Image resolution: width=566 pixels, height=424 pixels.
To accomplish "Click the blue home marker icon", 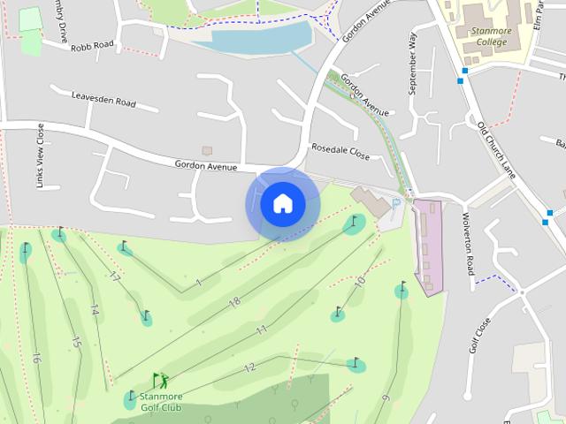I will (282, 204).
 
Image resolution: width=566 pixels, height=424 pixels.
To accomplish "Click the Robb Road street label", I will (93, 45).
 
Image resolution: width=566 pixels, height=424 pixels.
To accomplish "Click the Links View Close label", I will (41, 156).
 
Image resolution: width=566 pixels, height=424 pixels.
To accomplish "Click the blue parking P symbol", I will (395, 204).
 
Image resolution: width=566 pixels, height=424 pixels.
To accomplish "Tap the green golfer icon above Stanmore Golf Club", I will (160, 381).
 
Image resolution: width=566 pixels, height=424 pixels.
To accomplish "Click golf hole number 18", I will (234, 302).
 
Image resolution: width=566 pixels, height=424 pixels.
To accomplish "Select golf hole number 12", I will (249, 367).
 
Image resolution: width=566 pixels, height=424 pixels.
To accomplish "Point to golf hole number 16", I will (36, 359).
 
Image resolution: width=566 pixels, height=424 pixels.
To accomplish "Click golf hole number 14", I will (94, 311).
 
